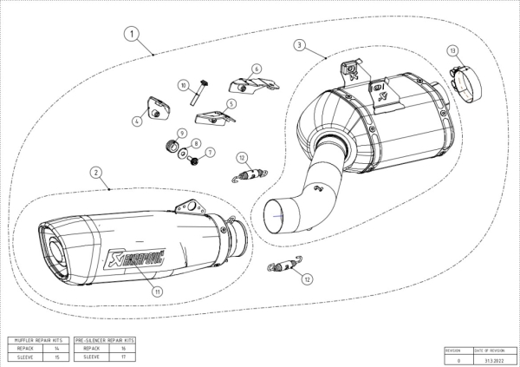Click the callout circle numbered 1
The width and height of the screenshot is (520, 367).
[x=132, y=34]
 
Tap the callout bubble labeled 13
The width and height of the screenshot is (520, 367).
[x=453, y=52]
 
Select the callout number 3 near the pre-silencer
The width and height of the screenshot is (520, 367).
[x=299, y=44]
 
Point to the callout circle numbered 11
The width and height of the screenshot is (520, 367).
[x=157, y=292]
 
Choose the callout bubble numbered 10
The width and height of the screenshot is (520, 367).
[x=184, y=84]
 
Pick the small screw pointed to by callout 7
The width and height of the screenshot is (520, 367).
[x=196, y=161]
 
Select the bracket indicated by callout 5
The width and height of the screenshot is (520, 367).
[x=212, y=118]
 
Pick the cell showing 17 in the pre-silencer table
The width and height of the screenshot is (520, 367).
[x=122, y=356]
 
